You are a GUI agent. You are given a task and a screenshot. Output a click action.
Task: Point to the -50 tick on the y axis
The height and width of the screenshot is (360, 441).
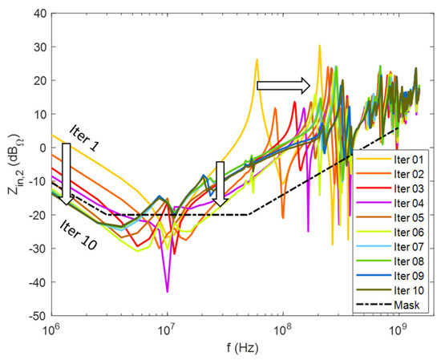[x=37, y=316]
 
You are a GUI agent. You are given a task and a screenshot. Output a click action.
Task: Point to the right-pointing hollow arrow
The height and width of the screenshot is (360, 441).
[x=283, y=84]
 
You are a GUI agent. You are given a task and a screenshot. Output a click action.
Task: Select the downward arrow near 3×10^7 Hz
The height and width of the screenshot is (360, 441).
[x=220, y=184]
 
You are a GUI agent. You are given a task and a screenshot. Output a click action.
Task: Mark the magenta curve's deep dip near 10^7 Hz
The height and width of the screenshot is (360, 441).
[x=167, y=290]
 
